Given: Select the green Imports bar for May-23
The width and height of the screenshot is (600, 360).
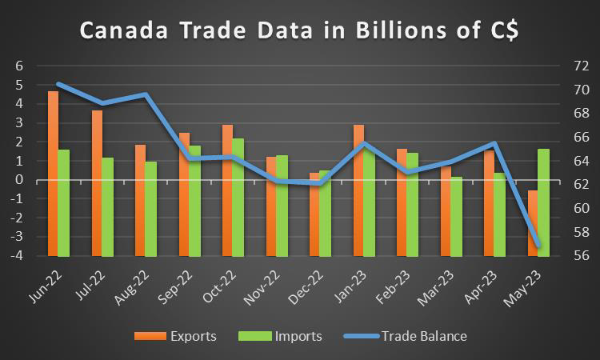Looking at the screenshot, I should [x=543, y=202].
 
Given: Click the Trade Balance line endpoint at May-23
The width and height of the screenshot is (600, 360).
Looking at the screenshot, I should [x=538, y=246].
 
